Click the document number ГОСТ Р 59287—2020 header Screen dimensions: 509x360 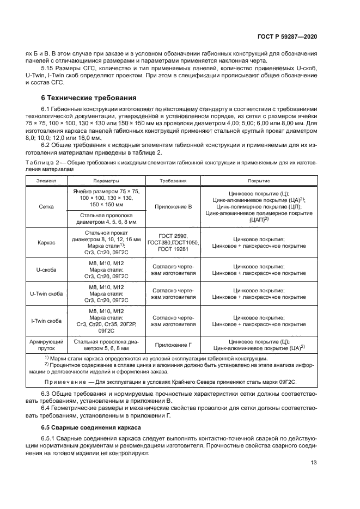(287, 36)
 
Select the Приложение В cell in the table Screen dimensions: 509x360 (173, 207)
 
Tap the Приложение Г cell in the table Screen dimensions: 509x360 (173, 345)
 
